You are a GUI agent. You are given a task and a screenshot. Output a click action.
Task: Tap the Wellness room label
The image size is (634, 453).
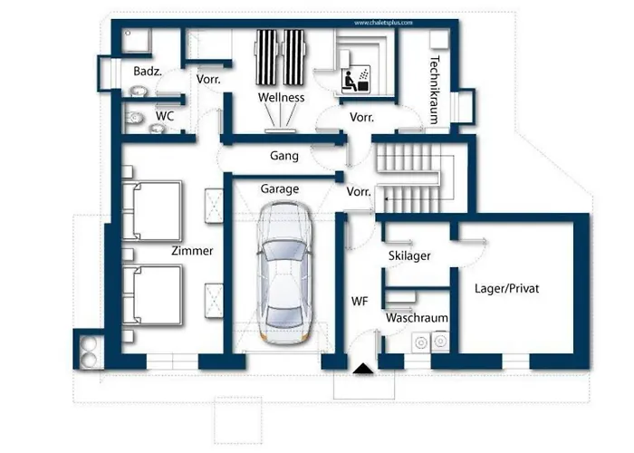click(x=281, y=97)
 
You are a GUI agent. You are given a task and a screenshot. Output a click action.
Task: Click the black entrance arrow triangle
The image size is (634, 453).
click(x=362, y=368)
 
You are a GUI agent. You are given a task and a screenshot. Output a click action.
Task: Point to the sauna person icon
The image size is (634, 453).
click(x=350, y=81)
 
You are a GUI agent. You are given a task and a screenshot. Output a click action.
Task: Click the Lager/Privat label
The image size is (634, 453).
click(x=507, y=289)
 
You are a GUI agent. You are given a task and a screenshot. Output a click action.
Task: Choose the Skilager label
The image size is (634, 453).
click(x=408, y=255)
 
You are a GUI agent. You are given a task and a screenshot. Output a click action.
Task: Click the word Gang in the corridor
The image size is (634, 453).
click(x=284, y=156)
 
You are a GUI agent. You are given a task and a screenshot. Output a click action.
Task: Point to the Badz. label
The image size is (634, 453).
click(x=148, y=71)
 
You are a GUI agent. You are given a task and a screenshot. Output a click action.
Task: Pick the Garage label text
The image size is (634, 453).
click(x=280, y=189)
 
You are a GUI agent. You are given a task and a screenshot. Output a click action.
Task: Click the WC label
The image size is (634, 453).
click(x=165, y=116)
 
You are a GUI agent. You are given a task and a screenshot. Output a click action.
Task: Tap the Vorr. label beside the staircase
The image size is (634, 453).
click(x=360, y=192)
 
